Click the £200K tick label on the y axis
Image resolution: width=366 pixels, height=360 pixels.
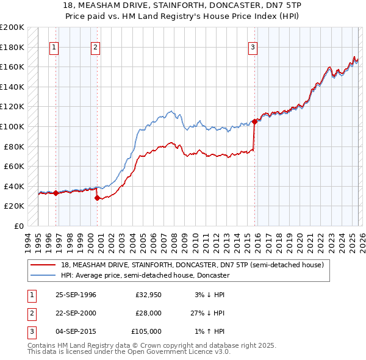(12, 27)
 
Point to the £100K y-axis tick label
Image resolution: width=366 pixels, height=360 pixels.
(12, 126)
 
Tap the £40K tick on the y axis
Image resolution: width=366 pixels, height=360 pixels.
(14, 186)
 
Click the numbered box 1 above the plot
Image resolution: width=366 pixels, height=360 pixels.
(55, 47)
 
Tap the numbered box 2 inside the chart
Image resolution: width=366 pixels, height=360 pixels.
(96, 47)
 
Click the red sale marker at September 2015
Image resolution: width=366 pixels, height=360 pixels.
(254, 121)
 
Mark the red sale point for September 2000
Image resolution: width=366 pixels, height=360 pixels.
(97, 198)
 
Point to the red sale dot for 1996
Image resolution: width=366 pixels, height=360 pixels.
(56, 193)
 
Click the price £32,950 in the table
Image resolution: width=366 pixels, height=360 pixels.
(148, 295)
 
